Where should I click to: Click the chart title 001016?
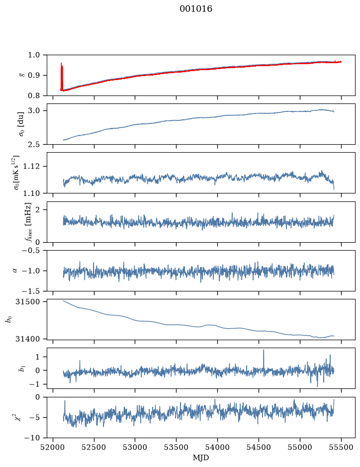click(195, 9)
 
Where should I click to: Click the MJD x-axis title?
click(201, 458)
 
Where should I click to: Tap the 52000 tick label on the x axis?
click(53, 447)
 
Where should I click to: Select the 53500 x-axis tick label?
click(177, 447)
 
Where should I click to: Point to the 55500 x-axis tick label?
click(341, 447)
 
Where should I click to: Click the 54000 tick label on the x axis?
click(217, 447)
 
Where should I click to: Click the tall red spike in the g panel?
click(62, 76)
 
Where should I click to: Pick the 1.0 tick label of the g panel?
click(34, 55)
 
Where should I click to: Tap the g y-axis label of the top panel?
click(21, 76)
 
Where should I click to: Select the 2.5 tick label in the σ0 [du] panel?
click(34, 144)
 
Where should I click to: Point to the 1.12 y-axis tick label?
click(31, 166)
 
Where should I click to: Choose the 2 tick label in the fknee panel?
click(37, 210)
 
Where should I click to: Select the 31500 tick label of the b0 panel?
click(27, 302)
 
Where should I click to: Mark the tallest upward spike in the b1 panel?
click(264, 350)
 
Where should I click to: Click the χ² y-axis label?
click(18, 417)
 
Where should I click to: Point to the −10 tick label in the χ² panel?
click(33, 438)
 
